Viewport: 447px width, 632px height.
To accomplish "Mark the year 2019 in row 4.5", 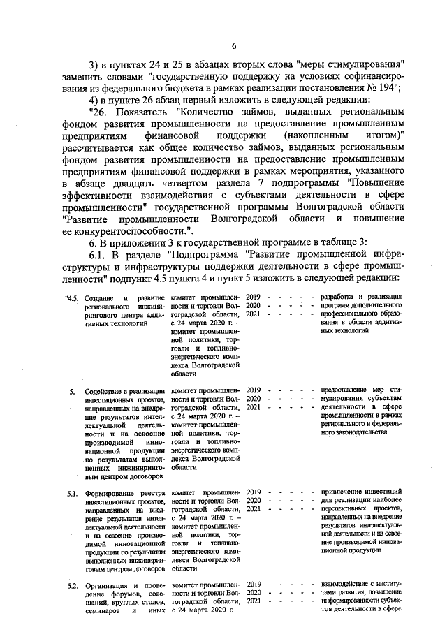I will (x=254, y=298).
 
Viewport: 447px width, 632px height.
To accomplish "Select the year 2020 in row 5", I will (x=254, y=398).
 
